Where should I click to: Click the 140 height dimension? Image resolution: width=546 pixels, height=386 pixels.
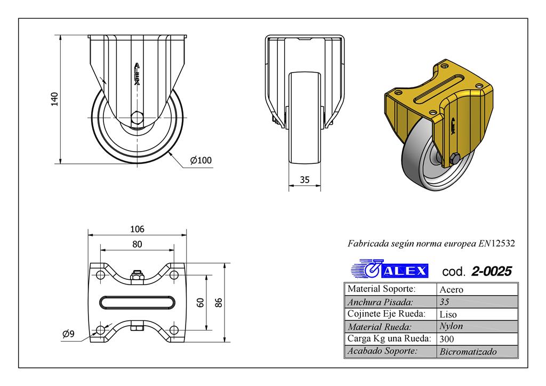[x=54, y=99]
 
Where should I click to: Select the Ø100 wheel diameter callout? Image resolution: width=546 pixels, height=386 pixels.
[x=200, y=160]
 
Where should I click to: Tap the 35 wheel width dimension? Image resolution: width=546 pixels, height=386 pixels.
[x=304, y=180]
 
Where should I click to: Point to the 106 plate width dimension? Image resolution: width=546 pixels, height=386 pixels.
[x=137, y=229]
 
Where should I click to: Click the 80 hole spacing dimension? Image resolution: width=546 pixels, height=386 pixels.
[x=137, y=244]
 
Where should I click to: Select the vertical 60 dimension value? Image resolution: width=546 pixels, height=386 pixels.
[x=200, y=302]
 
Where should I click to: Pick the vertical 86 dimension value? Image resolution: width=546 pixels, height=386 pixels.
[x=219, y=302]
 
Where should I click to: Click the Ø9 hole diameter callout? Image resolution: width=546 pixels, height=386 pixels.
[x=68, y=334]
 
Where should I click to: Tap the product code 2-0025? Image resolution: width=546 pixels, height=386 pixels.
[x=491, y=271]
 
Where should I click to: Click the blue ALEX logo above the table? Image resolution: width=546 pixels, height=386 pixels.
[x=390, y=270]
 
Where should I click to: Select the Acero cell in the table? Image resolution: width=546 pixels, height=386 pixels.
[x=451, y=290]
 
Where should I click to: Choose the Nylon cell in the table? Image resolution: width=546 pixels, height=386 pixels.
[x=451, y=326]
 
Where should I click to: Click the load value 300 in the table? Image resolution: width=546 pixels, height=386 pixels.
[x=447, y=338]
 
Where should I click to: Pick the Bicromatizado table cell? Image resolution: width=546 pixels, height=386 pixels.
[x=468, y=351]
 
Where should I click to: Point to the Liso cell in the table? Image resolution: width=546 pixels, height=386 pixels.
[x=448, y=314]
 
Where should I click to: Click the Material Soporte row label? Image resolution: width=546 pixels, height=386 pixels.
[x=381, y=289]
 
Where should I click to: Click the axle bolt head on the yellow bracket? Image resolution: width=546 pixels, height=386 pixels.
[x=455, y=158]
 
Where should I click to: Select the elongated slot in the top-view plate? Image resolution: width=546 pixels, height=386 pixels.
[x=137, y=302]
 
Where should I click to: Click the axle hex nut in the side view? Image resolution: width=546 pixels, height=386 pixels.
[x=137, y=117]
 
